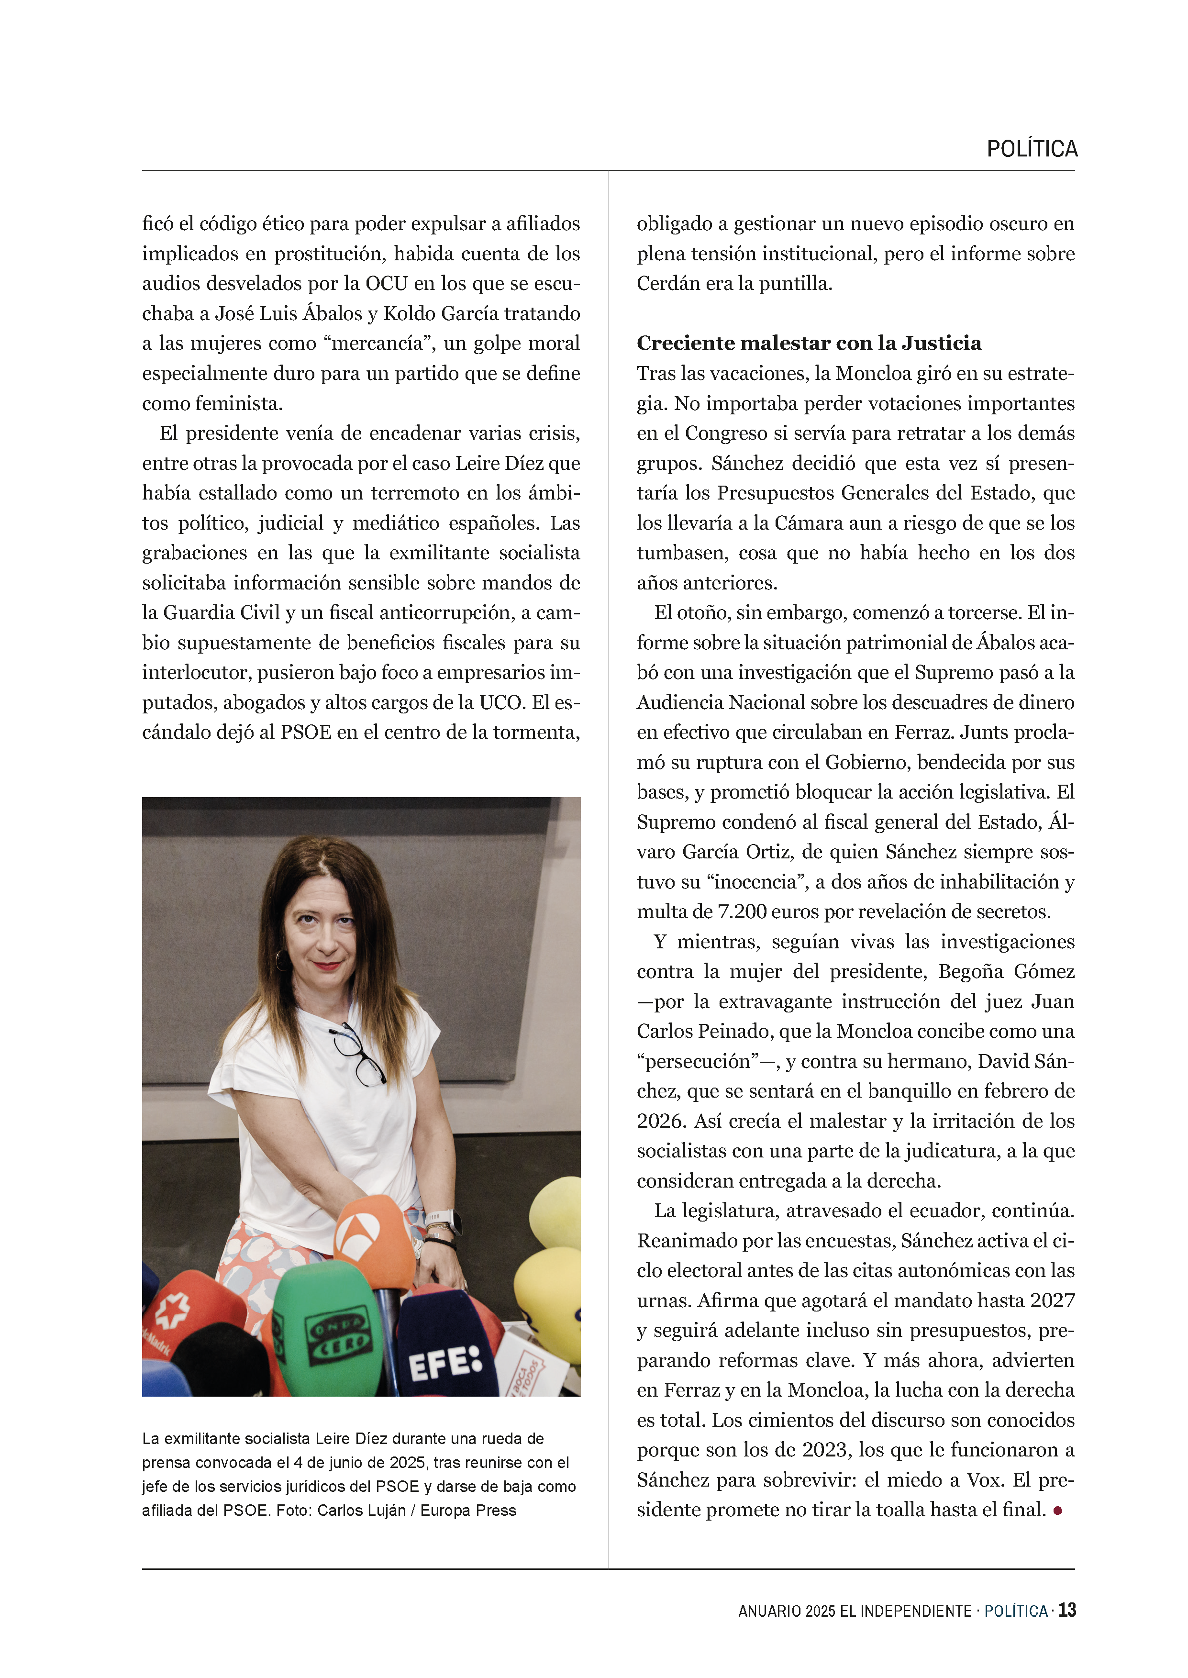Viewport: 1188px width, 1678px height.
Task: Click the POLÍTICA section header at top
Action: pyautogui.click(x=1032, y=149)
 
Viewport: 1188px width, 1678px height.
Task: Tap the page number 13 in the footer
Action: pyautogui.click(x=1067, y=1610)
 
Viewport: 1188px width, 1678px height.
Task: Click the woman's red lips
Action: pyautogui.click(x=327, y=966)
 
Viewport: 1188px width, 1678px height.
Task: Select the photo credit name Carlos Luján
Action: pyautogui.click(x=361, y=1511)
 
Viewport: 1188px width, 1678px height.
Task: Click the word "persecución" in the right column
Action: pyautogui.click(x=694, y=1061)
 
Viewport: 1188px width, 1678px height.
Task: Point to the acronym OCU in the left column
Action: pyautogui.click(x=386, y=284)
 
